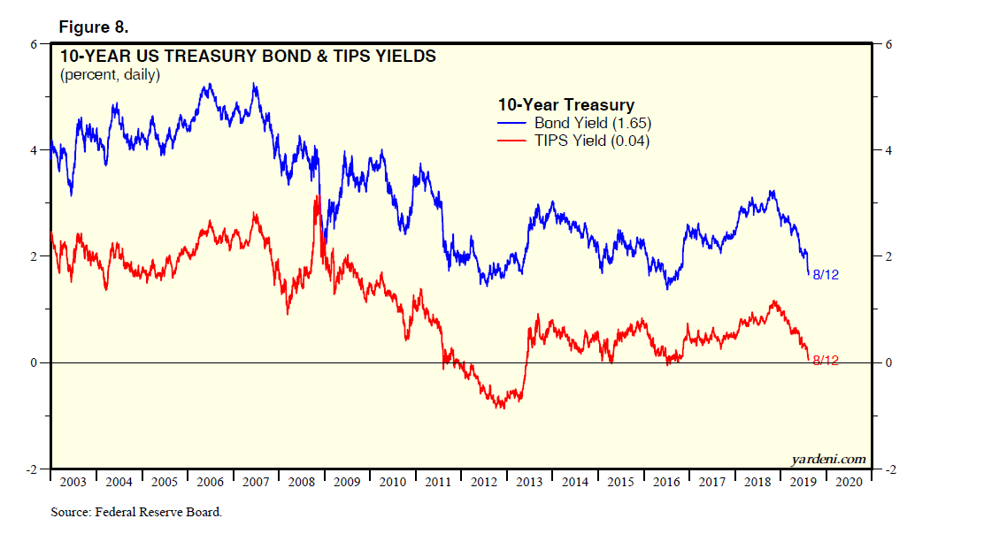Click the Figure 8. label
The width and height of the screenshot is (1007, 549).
pos(93,27)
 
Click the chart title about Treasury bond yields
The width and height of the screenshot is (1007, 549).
pos(248,57)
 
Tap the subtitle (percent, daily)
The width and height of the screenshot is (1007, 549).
pos(110,75)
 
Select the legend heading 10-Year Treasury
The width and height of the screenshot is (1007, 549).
pos(565,105)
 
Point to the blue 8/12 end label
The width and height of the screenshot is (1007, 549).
pos(825,275)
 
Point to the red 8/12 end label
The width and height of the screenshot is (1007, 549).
pos(825,361)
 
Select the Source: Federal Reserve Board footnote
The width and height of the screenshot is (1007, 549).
pos(136,512)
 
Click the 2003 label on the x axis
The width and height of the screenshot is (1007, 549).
pos(73,483)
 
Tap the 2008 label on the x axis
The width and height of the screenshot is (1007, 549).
pos(302,483)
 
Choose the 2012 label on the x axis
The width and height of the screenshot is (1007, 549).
pos(484,483)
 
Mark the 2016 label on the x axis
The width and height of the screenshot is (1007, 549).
pos(666,483)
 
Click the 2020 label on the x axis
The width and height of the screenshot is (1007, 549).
pos(849,483)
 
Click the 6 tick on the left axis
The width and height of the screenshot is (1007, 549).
pos(35,44)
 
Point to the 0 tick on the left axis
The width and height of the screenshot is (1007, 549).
pos(35,362)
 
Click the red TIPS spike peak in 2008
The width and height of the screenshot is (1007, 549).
pos(317,197)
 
